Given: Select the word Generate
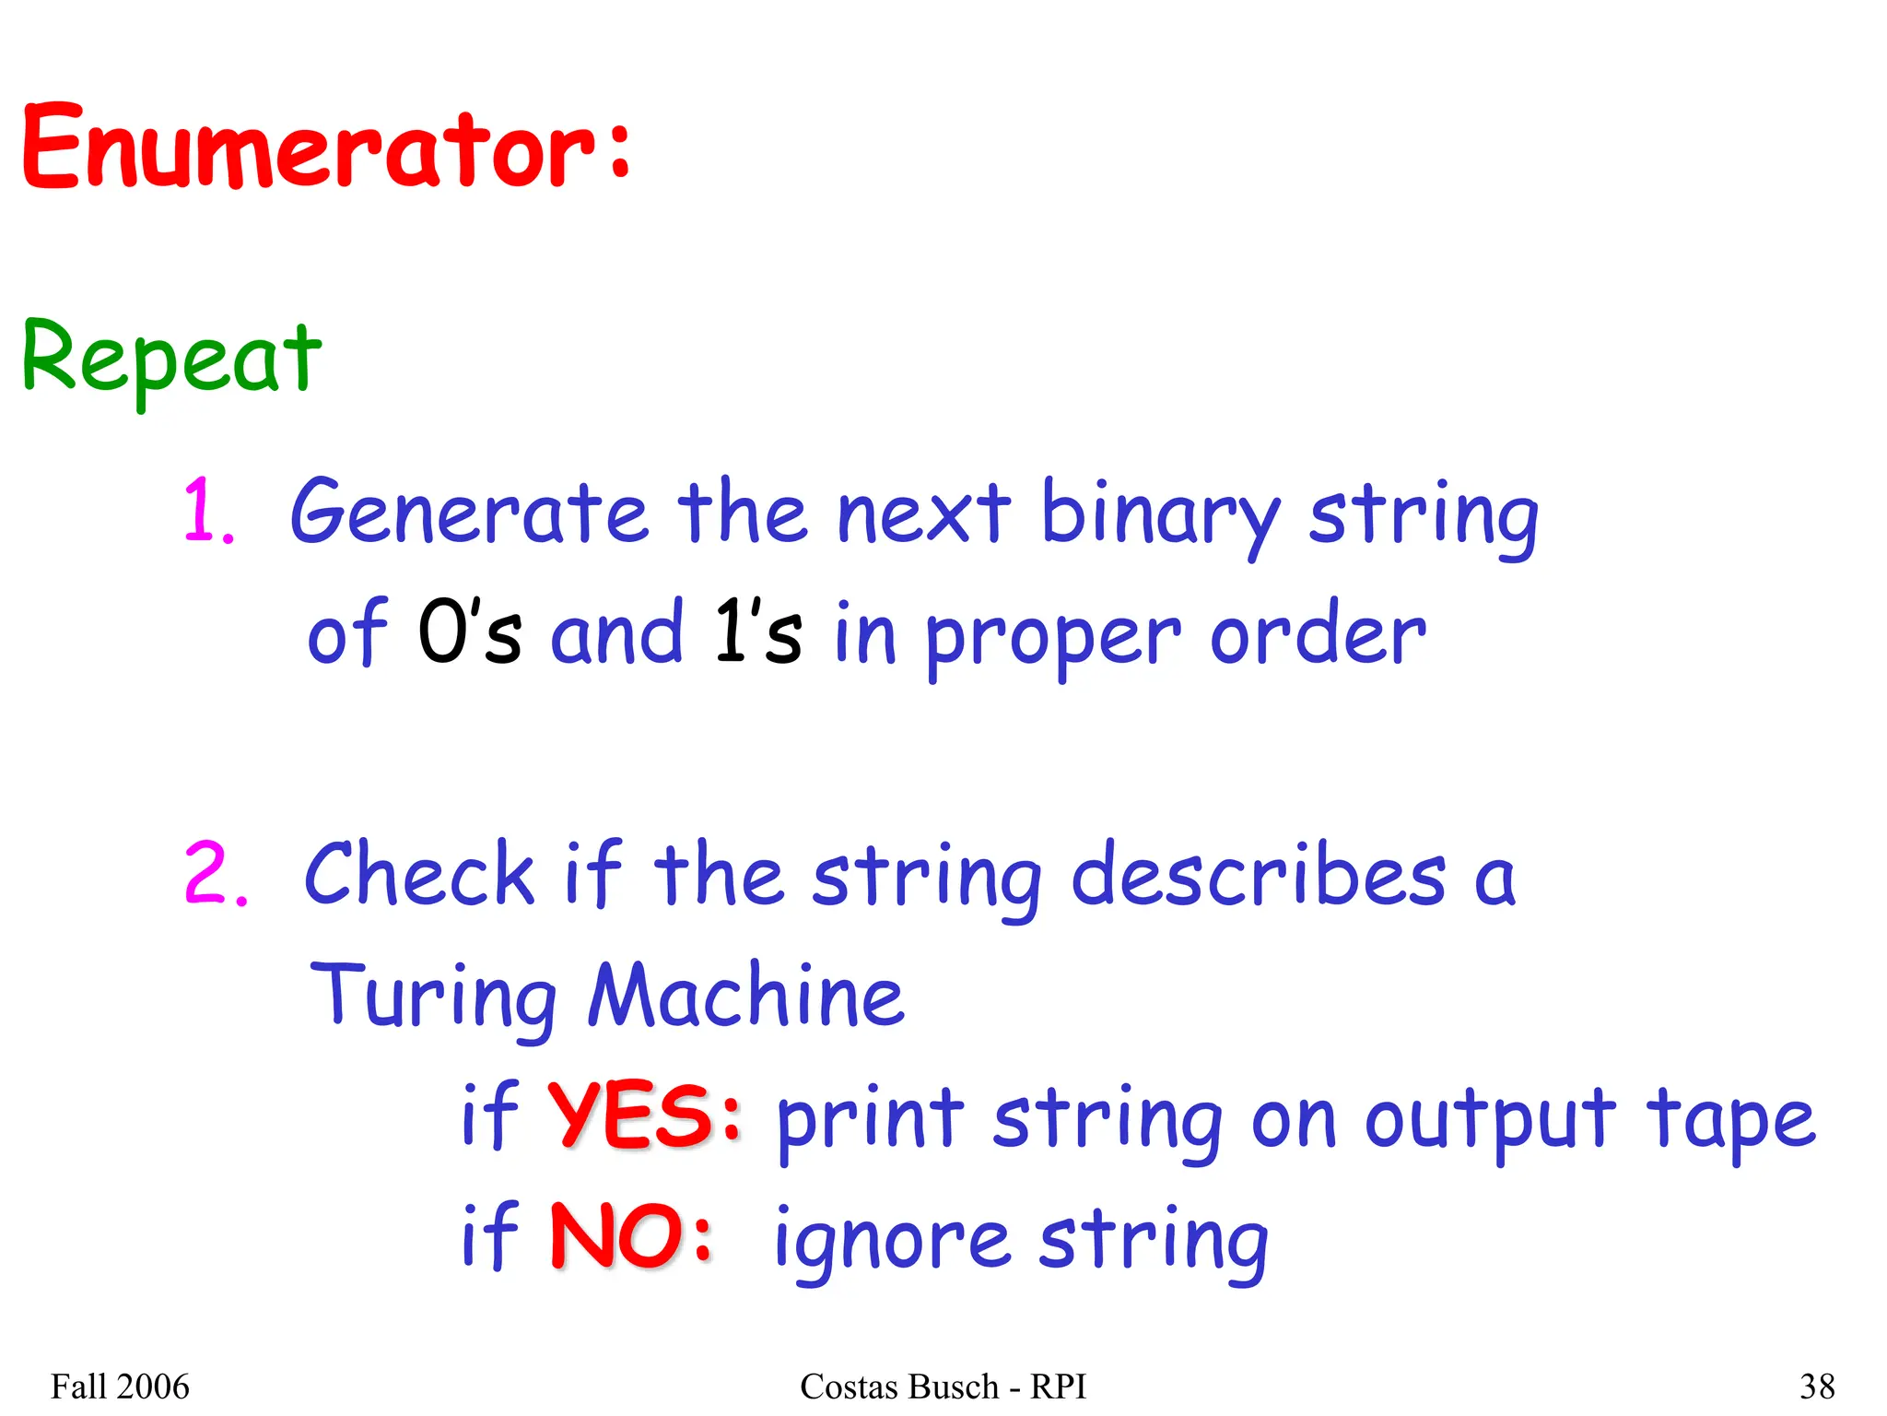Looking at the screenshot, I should point(469,513).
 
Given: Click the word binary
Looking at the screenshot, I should point(1160,514).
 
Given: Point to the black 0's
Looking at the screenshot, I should point(470,633).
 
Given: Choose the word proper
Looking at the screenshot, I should point(1052,638).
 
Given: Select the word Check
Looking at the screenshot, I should point(419,874).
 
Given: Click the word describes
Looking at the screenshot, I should point(1259,876).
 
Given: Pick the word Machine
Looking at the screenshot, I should point(746,996).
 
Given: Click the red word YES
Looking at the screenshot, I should point(632,1117).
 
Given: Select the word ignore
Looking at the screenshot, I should point(892,1241).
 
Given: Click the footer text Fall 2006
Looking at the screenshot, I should point(120,1386).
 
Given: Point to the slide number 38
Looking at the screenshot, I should point(1817,1386).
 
